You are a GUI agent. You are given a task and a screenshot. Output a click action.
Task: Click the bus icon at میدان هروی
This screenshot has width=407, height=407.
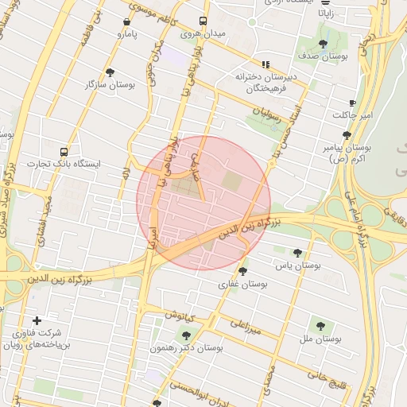point(203,21)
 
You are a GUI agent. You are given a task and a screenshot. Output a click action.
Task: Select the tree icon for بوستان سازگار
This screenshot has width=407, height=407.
point(110,72)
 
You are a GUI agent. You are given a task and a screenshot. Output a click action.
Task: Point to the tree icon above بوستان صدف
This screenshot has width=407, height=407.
point(323,45)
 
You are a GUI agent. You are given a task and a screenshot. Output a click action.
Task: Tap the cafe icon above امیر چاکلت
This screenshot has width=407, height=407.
point(352,103)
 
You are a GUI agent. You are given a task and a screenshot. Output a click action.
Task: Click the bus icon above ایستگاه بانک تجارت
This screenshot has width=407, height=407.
point(63,151)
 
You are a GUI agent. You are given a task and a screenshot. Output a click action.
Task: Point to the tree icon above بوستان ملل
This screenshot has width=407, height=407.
point(320,325)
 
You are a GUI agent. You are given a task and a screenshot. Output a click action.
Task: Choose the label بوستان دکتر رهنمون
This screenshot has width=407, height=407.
point(186,348)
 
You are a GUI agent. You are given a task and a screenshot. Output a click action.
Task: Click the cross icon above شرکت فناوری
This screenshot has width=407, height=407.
point(37,320)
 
